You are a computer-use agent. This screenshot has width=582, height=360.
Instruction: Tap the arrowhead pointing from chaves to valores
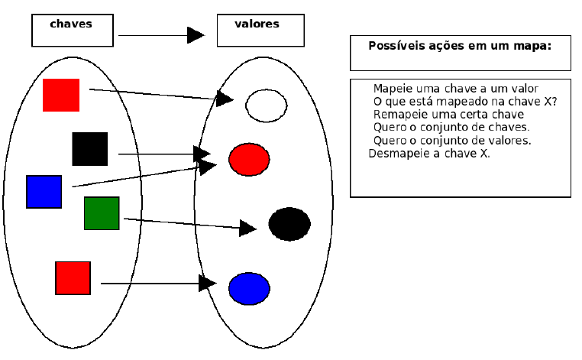pyautogui.click(x=196, y=35)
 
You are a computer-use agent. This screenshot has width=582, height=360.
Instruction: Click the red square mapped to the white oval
pyautogui.click(x=61, y=95)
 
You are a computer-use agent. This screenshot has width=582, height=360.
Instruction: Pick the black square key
pyautogui.click(x=90, y=149)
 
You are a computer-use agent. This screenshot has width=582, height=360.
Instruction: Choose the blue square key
pyautogui.click(x=44, y=192)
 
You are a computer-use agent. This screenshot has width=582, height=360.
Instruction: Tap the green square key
pyautogui.click(x=102, y=213)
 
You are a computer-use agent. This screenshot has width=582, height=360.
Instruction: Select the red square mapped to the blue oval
pyautogui.click(x=73, y=278)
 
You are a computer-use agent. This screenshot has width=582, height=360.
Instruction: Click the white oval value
pyautogui.click(x=266, y=105)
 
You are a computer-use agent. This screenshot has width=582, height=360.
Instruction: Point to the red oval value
pyautogui.click(x=249, y=159)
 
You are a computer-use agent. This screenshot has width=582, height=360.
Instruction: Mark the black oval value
pyautogui.click(x=289, y=224)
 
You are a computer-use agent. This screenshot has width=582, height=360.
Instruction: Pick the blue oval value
pyautogui.click(x=249, y=288)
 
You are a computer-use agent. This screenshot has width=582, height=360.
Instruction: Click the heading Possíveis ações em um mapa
pyautogui.click(x=460, y=46)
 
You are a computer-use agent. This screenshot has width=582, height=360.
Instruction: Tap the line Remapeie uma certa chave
pyautogui.click(x=448, y=115)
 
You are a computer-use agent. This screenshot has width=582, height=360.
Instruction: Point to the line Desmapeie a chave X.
pyautogui.click(x=429, y=153)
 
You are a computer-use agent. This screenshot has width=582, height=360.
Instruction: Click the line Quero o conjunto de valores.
pyautogui.click(x=452, y=141)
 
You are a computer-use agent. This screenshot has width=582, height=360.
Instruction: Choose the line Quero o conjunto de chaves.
pyautogui.click(x=451, y=127)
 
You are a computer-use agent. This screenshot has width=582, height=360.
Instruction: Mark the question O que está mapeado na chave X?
pyautogui.click(x=465, y=102)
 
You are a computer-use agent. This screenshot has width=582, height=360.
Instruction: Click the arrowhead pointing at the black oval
pyautogui.click(x=247, y=228)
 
